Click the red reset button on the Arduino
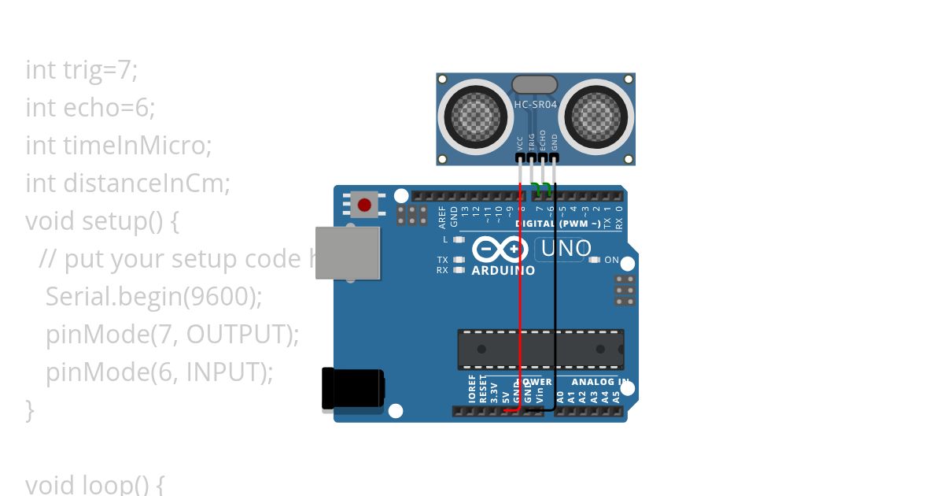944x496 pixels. pos(364,205)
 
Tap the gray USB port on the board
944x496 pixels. pos(347,253)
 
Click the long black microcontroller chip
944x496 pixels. pos(540,349)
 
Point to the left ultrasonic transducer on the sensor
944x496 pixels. pos(471,116)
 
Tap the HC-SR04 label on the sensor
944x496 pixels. pos(535,105)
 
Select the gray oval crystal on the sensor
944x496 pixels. pos(535,84)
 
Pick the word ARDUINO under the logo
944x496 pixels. pos(503,271)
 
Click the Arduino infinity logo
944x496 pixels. pos(500,250)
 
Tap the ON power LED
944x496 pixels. pos(595,260)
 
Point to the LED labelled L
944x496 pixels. pos(459,239)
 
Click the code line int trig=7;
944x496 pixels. pos(82,70)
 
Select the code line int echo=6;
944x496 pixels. pos(90,108)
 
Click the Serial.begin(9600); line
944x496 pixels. pos(153,297)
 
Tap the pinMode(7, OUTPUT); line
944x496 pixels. pos(172,335)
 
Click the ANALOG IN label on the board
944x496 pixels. pos(600,382)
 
